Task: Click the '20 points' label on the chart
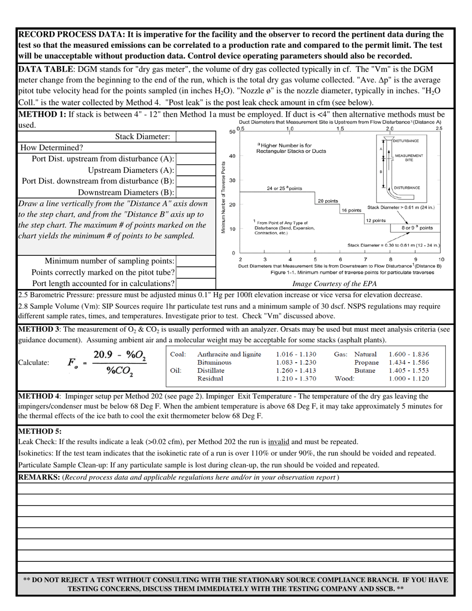point(328,201)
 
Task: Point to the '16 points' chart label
point(351,210)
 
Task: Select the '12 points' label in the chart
point(376,220)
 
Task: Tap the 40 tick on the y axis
point(232,156)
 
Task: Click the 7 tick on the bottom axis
point(366,259)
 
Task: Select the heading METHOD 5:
point(40,431)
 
